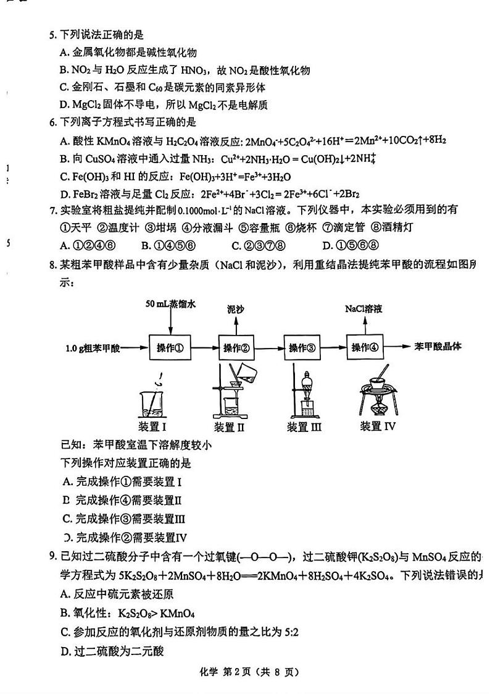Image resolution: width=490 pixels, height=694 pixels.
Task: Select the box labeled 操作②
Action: click(236, 347)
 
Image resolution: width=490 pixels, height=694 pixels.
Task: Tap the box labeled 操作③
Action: click(303, 347)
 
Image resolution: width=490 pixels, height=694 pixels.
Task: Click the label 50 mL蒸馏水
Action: click(171, 304)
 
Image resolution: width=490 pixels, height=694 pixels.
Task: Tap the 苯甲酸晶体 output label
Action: click(439, 346)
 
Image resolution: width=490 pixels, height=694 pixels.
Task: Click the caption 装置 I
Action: click(154, 426)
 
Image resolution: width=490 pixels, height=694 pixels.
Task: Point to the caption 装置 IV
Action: click(378, 426)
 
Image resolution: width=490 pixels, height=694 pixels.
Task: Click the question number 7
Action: click(53, 210)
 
